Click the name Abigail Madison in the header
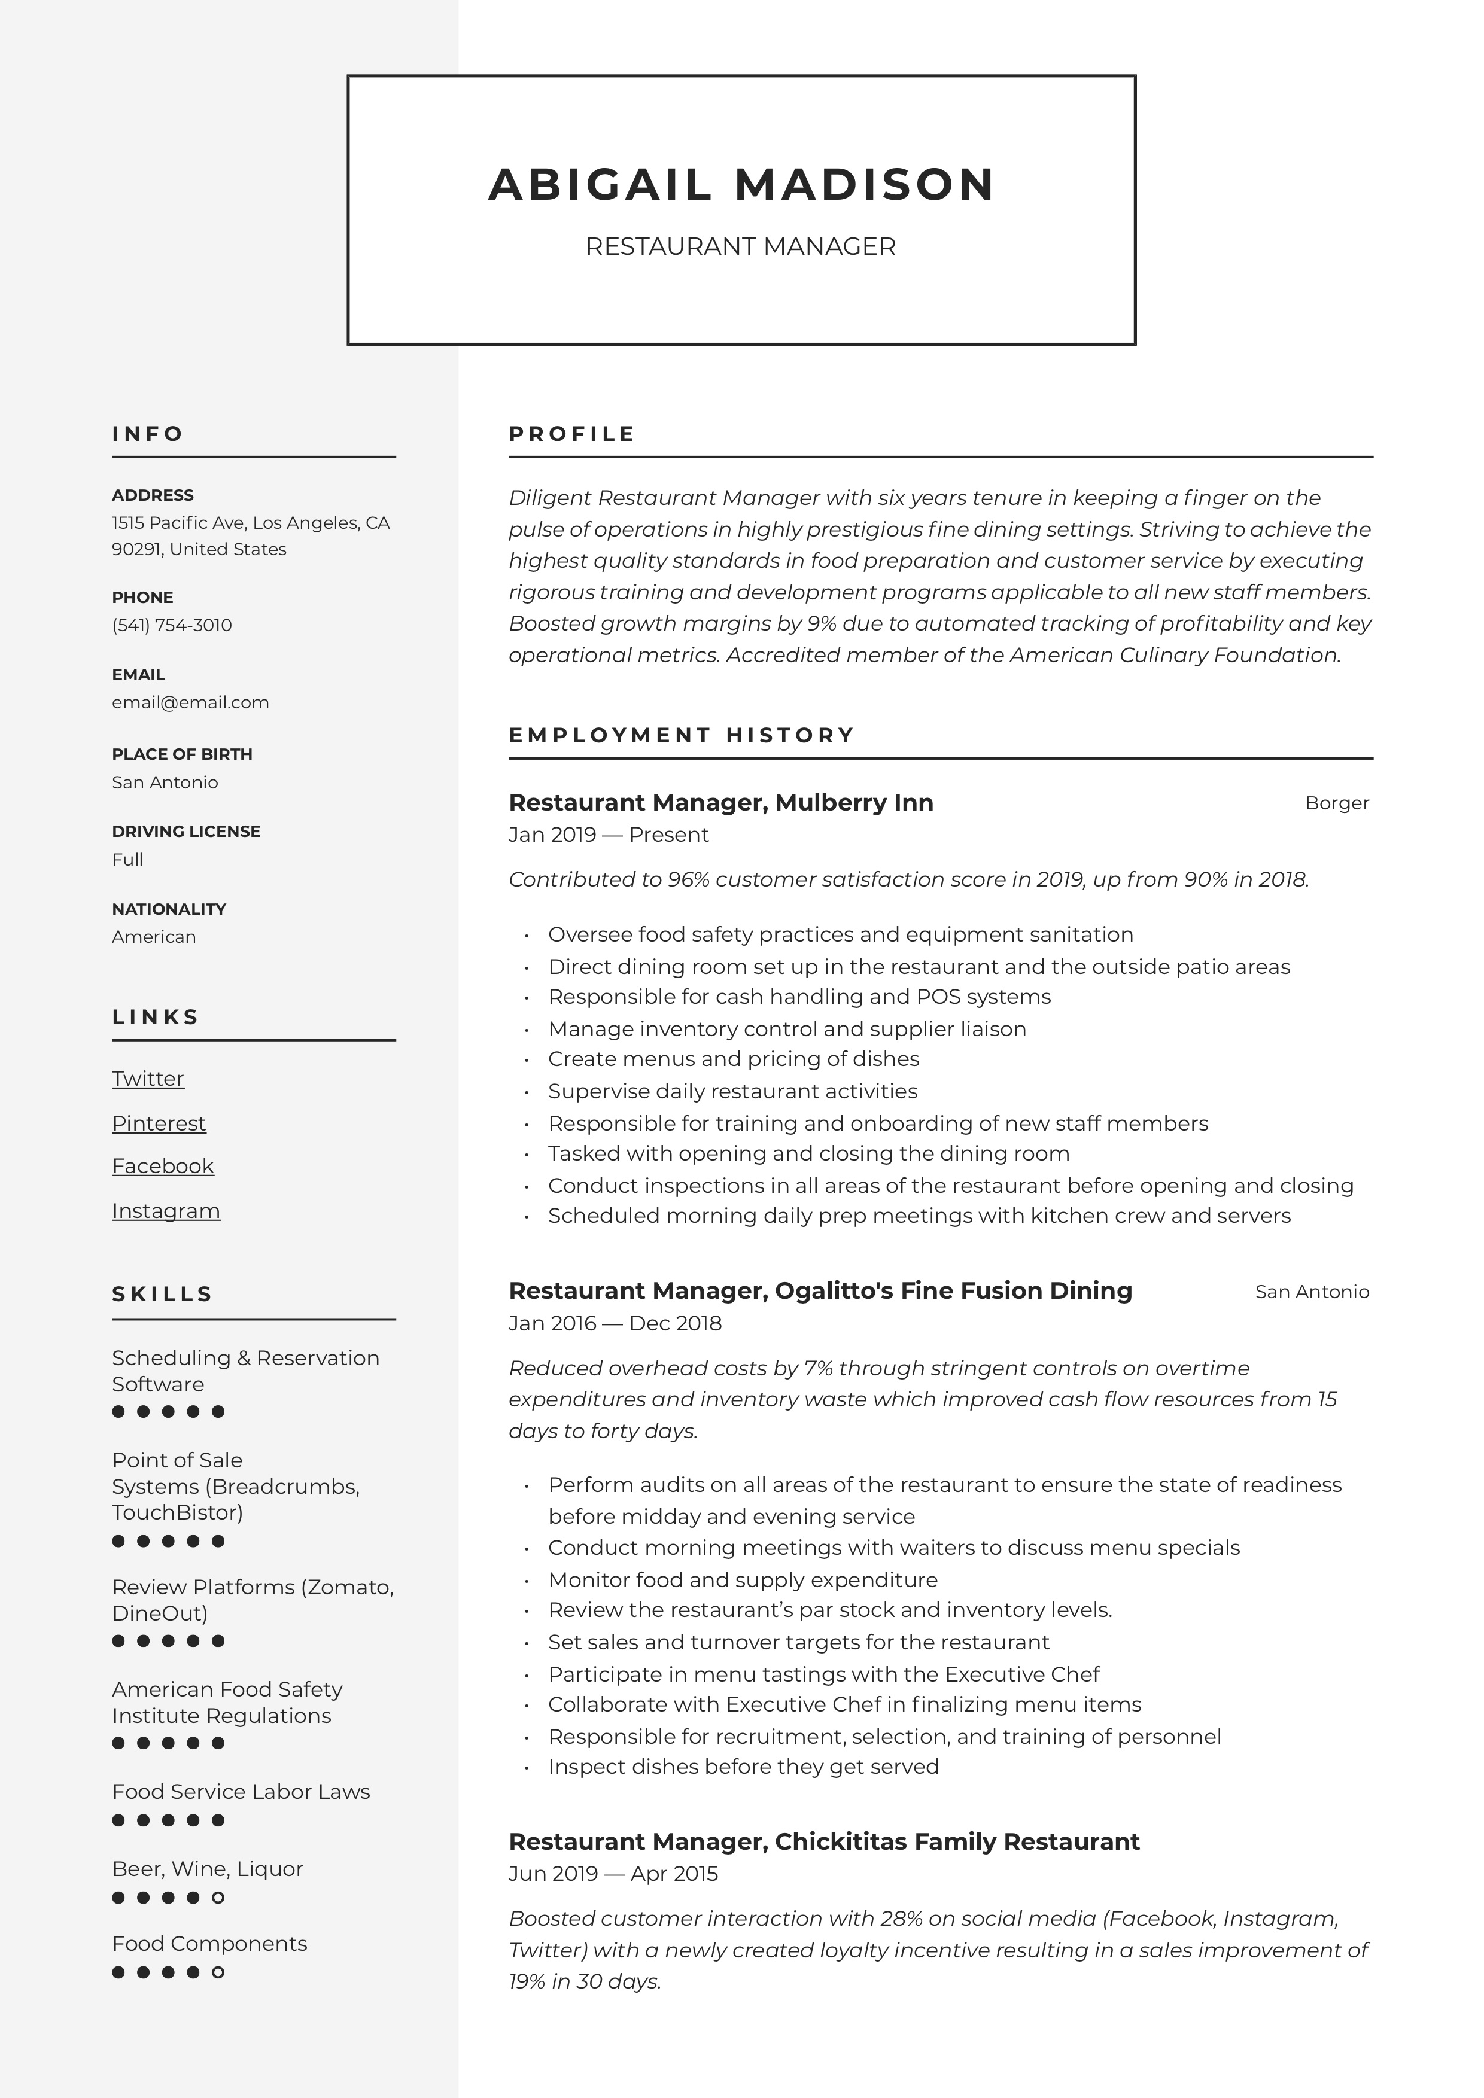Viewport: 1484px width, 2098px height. click(741, 185)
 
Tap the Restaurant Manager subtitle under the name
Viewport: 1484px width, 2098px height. click(740, 246)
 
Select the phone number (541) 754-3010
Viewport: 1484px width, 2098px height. click(172, 625)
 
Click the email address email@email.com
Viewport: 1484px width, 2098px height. click(190, 703)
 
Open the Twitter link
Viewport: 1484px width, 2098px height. click(148, 1079)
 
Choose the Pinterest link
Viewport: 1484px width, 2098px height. click(159, 1124)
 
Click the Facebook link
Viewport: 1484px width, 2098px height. click(163, 1167)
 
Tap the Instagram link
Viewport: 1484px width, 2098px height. click(166, 1211)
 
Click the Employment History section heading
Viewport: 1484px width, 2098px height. click(682, 736)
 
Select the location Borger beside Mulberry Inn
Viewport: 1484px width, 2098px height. click(1336, 803)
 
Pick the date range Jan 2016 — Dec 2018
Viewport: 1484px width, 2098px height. click(615, 1323)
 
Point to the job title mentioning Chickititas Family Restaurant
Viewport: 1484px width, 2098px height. click(824, 1842)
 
